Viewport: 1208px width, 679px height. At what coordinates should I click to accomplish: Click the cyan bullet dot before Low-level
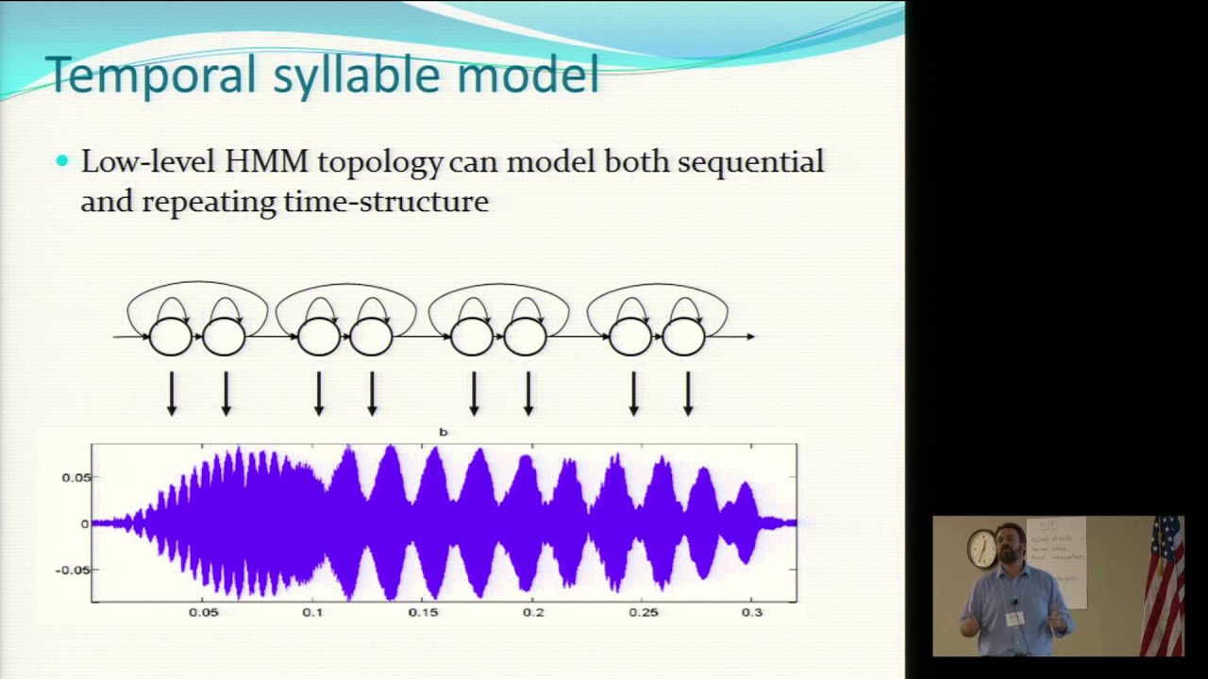[x=62, y=161]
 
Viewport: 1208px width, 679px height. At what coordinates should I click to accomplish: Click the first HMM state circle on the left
[x=171, y=337]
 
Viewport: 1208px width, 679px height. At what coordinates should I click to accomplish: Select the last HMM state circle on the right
[x=684, y=337]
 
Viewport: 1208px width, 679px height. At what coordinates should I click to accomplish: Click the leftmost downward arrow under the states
[x=172, y=394]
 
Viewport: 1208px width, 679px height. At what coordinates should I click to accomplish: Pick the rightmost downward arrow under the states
[x=688, y=394]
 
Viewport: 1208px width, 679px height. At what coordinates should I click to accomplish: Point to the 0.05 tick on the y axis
[x=75, y=477]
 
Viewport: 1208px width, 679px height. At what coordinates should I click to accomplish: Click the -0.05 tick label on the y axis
[x=73, y=570]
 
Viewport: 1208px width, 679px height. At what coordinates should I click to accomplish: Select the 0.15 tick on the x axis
[x=423, y=613]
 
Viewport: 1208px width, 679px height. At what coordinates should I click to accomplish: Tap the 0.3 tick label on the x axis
[x=751, y=613]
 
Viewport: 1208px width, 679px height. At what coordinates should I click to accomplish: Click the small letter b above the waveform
[x=443, y=432]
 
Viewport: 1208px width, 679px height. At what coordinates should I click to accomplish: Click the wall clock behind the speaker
[x=981, y=548]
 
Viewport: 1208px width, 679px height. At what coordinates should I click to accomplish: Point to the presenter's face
[x=1011, y=545]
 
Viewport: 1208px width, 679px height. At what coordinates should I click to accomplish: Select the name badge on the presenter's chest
[x=1015, y=619]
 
